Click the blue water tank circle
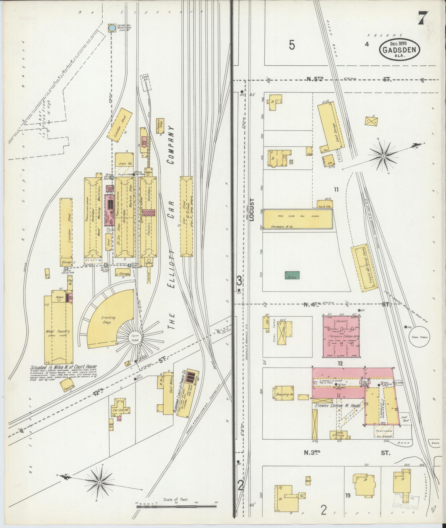click(111, 28)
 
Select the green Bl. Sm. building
click(292, 275)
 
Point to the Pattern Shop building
click(160, 126)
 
